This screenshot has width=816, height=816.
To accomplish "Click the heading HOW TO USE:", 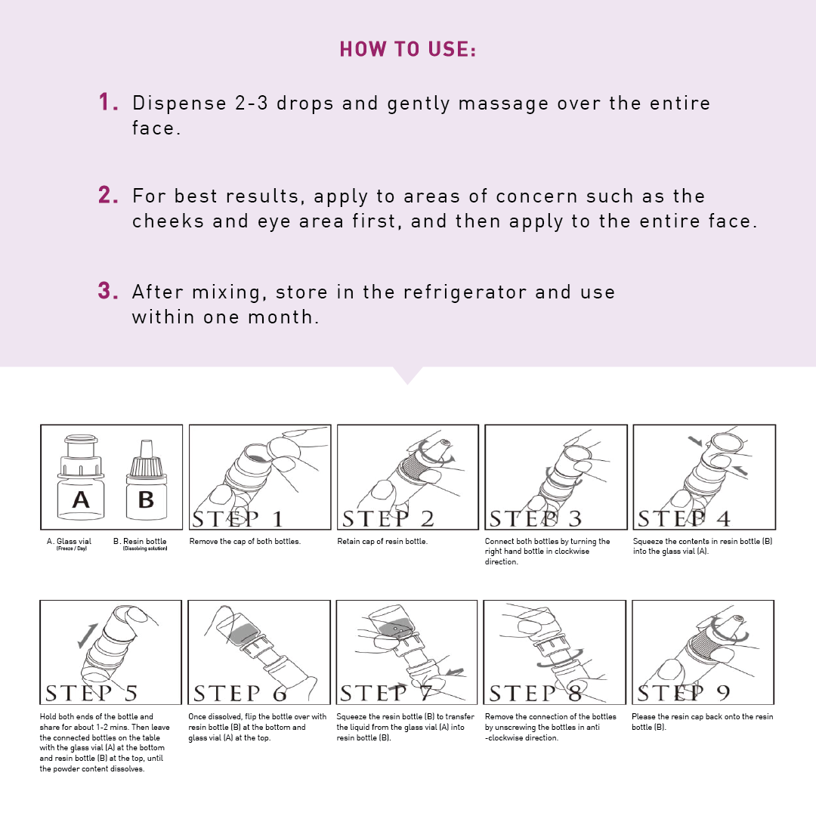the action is [x=407, y=49].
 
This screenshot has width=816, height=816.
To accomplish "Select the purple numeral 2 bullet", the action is [x=108, y=195].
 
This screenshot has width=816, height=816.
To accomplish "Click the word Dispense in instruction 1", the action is [x=180, y=104].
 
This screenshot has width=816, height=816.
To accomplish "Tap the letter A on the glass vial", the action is [x=81, y=499].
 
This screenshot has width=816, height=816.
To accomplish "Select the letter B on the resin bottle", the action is [x=147, y=499].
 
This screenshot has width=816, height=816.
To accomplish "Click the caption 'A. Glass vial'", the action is [x=70, y=541].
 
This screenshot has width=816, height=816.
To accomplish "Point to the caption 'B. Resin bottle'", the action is [x=140, y=541].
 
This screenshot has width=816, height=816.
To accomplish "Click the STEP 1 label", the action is [x=237, y=518].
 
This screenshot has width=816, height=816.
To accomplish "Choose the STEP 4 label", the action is [x=684, y=518].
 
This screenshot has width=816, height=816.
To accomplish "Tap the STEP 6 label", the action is [x=240, y=693].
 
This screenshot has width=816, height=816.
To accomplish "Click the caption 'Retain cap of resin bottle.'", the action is [x=382, y=541].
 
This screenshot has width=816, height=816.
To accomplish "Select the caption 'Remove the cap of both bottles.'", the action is [x=245, y=541].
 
